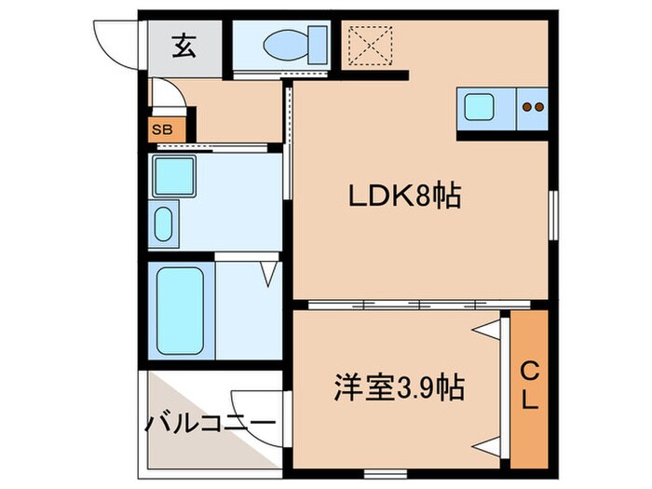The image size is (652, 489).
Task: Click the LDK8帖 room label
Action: click(x=405, y=197)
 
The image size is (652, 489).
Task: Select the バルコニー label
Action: click(x=211, y=424)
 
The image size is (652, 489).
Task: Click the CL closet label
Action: click(x=528, y=387)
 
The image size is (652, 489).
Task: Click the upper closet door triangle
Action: click(x=486, y=328)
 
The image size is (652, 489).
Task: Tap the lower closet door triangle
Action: click(x=486, y=442)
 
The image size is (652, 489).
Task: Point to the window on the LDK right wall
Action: click(x=554, y=215)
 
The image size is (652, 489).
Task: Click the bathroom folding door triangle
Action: click(x=269, y=274)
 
